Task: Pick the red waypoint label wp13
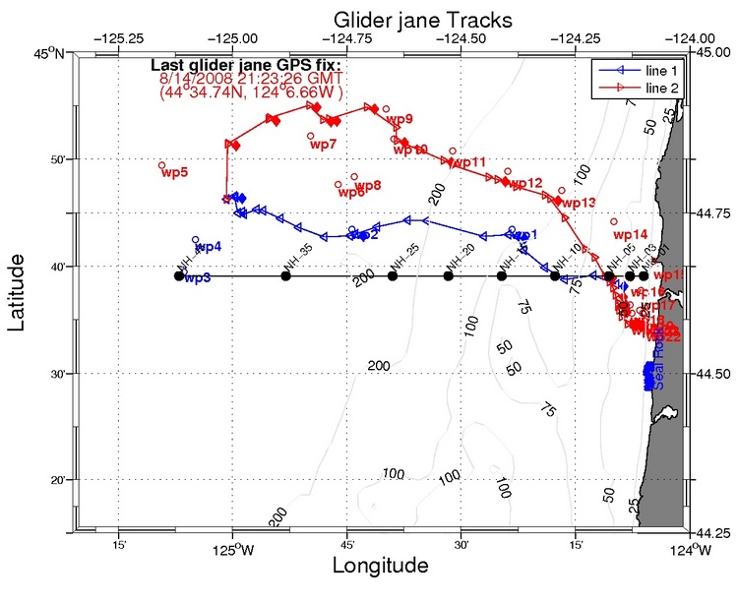tap(581, 203)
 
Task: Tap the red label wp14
tap(631, 235)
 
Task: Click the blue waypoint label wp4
tap(208, 246)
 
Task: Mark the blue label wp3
tap(198, 278)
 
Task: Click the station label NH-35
tap(297, 259)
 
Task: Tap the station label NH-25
tap(404, 259)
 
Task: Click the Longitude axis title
tap(381, 567)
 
